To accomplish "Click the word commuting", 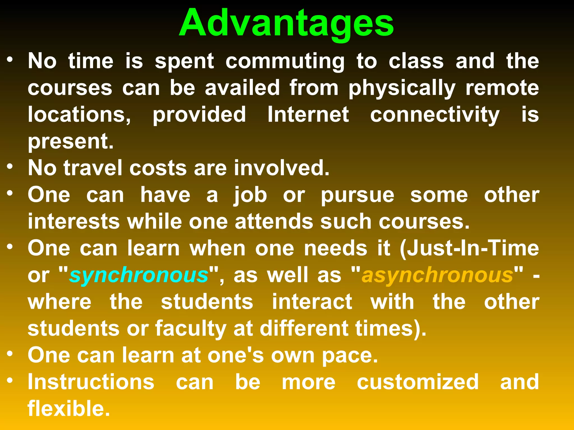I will click(285, 62).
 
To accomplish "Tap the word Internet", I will click(308, 114).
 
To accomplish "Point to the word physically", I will click(402, 88).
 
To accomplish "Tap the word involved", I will click(281, 168).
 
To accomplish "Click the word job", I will click(250, 195).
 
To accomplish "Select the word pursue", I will click(357, 195).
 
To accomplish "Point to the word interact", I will click(312, 302).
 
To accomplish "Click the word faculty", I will click(191, 329).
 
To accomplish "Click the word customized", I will click(418, 382).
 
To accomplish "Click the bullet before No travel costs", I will click(10, 167).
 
